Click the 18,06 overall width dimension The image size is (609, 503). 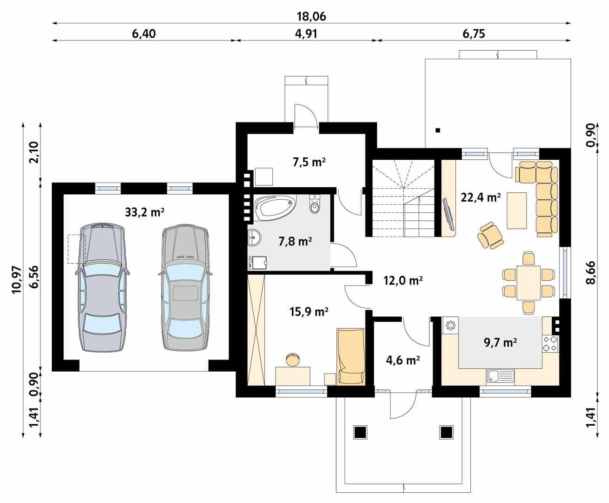pos(311,16)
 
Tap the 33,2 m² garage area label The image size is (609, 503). pos(145,212)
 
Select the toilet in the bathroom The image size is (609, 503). pos(315,204)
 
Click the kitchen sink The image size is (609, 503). pos(500,376)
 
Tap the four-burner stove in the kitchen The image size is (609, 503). pos(550,343)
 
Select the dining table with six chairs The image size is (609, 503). pos(528,283)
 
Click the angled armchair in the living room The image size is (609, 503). pos(491,236)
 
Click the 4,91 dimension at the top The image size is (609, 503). pos(306,34)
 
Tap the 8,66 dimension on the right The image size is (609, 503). pos(590,272)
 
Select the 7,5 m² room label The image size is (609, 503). pos(309,162)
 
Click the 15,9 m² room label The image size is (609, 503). pos(309,312)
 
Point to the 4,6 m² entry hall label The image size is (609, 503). pos(403,360)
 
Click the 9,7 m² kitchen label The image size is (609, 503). pos(501,342)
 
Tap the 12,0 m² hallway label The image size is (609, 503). pos(403,280)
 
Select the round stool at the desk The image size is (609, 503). pos(292,360)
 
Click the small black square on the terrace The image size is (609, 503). pos(438,130)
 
